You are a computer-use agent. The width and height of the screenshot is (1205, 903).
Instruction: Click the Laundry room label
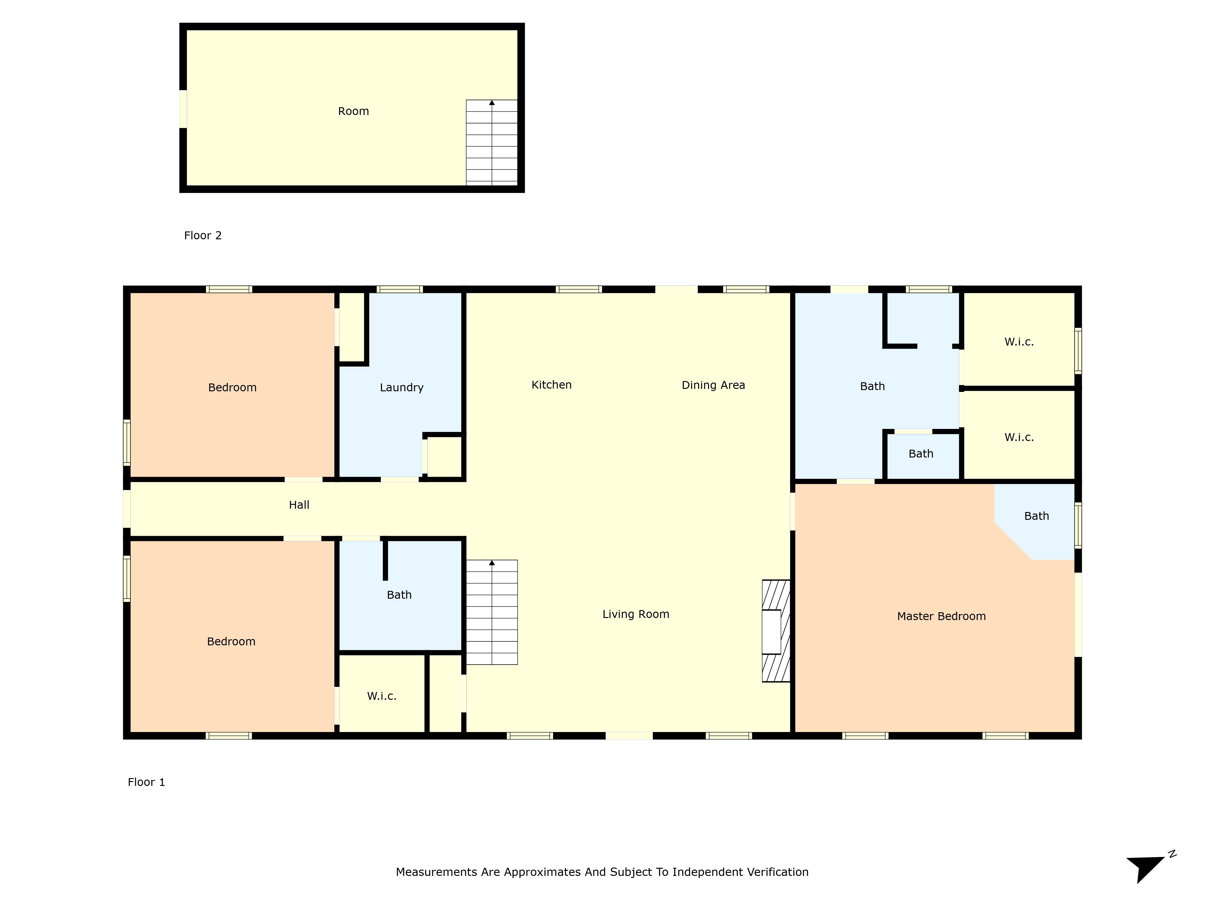tap(402, 388)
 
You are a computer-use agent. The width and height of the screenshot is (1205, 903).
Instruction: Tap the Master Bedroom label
tap(941, 616)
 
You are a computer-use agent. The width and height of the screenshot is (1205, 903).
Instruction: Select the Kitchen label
tap(551, 385)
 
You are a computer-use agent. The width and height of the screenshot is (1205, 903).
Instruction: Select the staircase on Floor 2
tap(491, 143)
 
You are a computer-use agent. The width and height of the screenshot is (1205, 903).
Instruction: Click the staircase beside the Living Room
tap(491, 612)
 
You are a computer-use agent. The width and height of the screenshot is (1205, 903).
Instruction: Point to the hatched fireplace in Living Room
tap(776, 631)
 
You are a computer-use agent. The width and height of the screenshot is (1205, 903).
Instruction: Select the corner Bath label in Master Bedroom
tap(1036, 516)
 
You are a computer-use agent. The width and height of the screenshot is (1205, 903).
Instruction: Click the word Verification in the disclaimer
tap(777, 872)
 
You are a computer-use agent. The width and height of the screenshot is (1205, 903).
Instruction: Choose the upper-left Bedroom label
tap(232, 388)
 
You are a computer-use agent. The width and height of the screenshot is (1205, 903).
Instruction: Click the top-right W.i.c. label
tap(1019, 342)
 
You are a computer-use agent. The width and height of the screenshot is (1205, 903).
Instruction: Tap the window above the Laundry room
tap(399, 289)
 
